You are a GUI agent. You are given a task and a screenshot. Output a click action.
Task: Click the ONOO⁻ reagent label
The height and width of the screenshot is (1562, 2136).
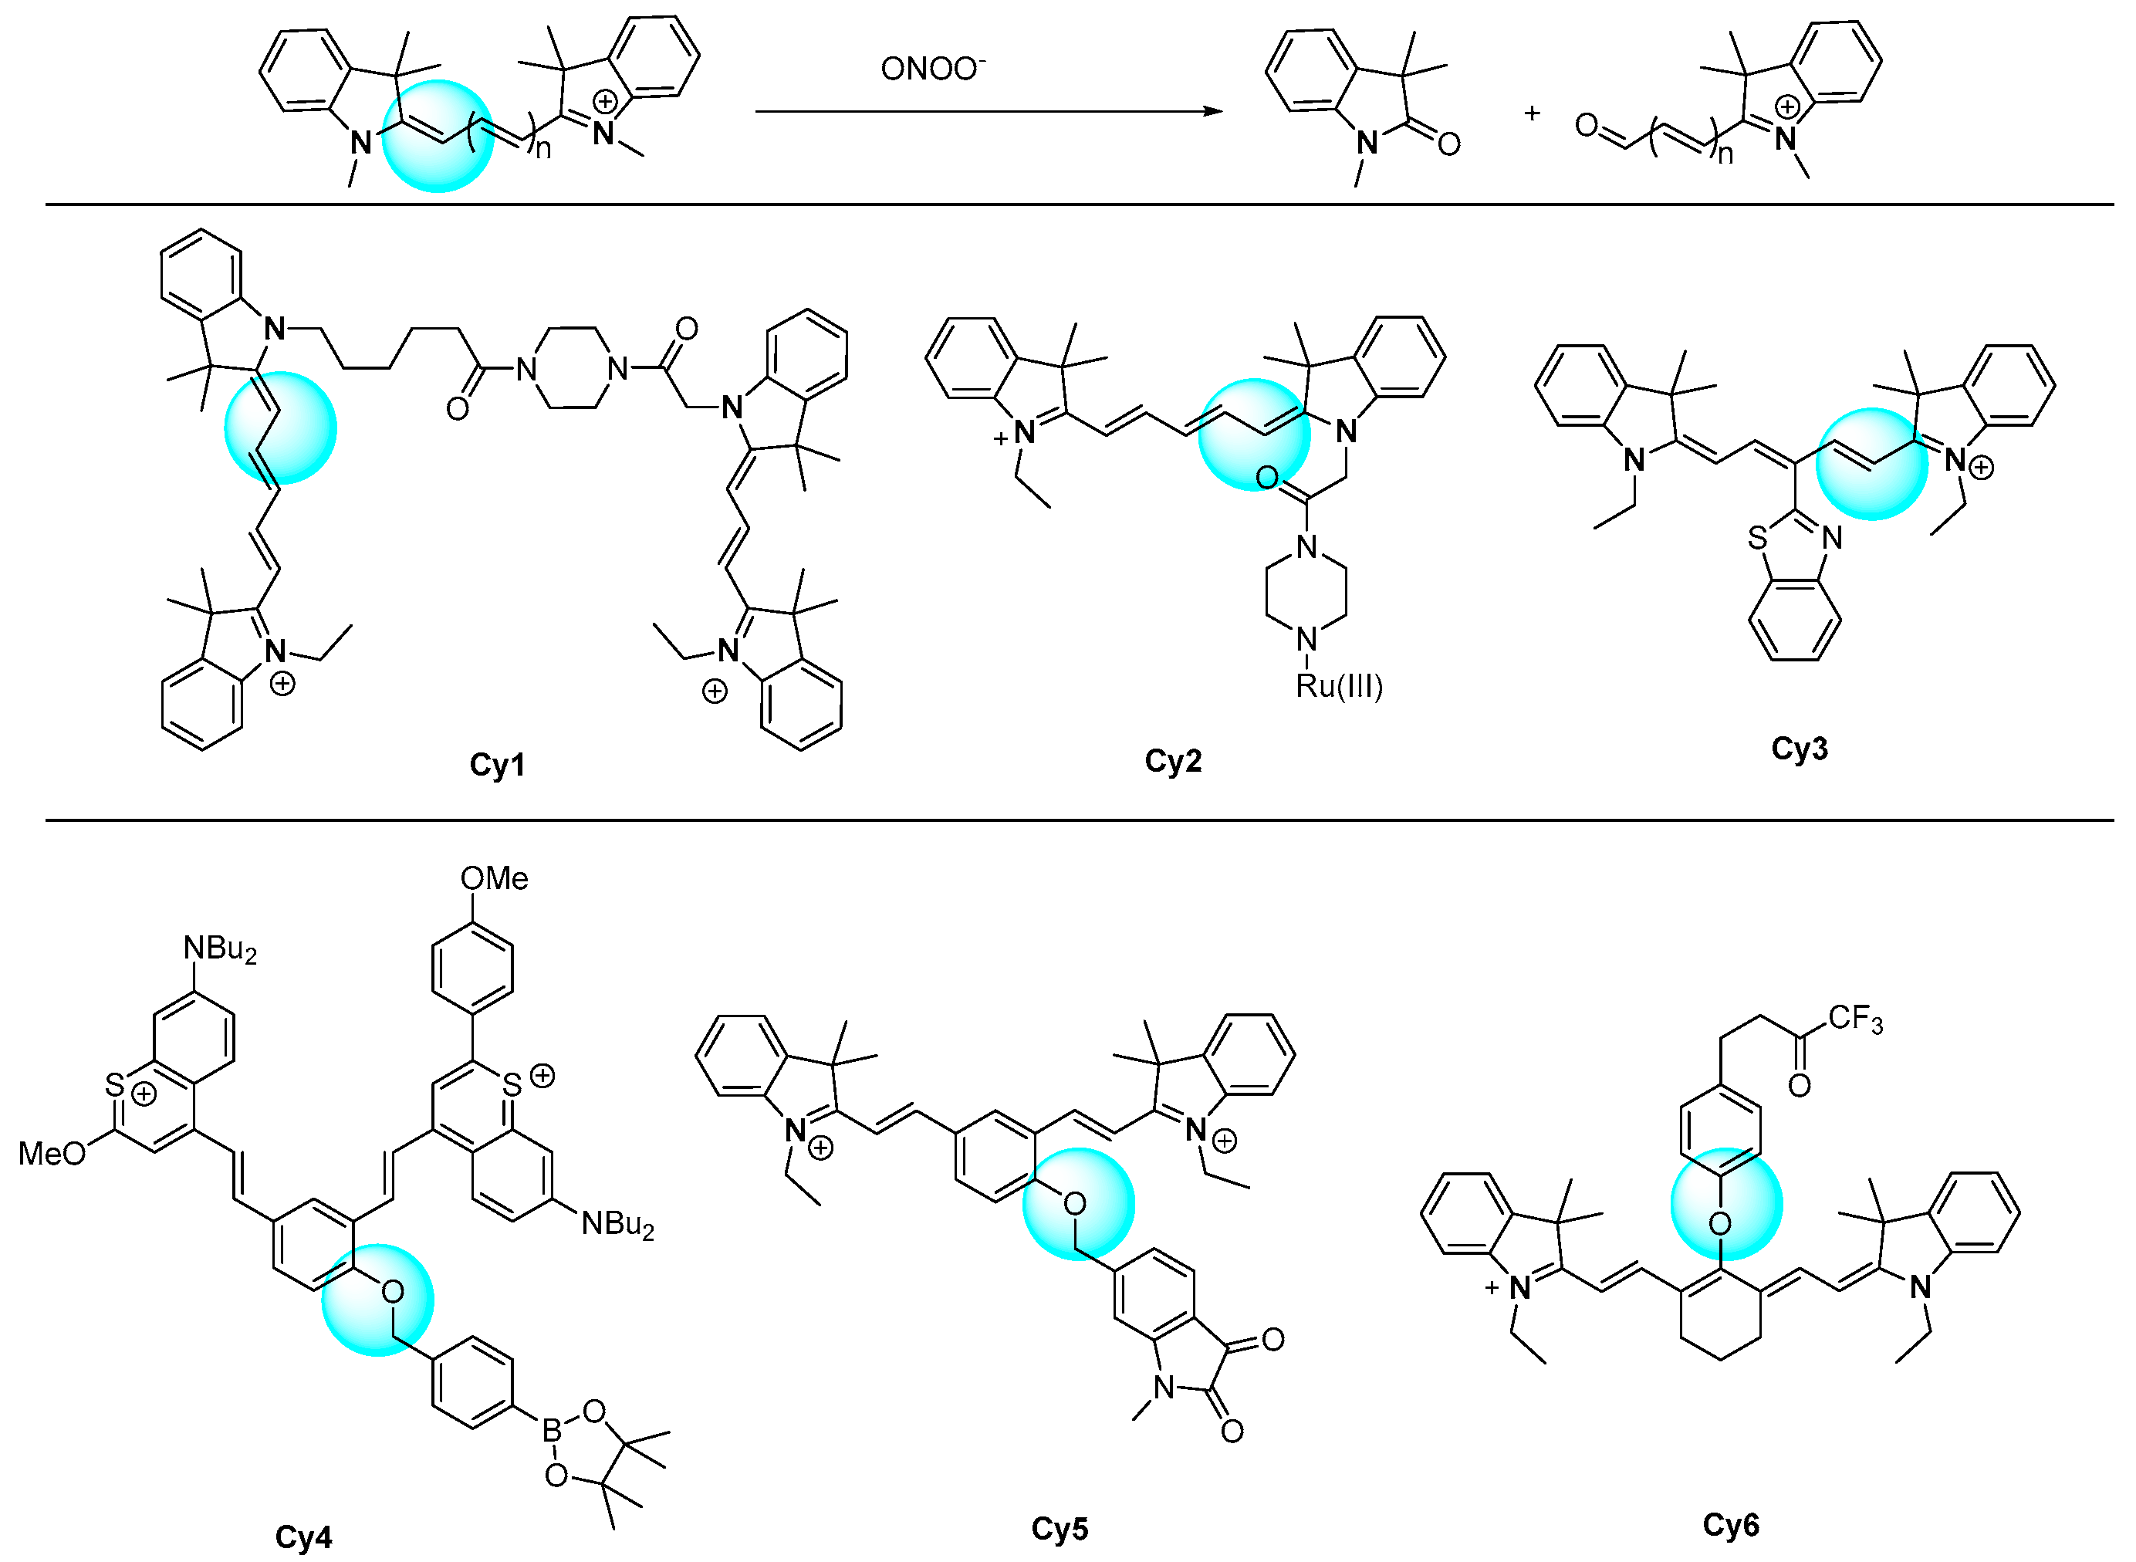coord(931,69)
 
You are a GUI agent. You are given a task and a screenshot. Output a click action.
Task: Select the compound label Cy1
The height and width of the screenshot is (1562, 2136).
coord(498,764)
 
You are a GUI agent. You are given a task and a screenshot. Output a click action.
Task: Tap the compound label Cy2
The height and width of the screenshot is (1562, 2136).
coord(1172,760)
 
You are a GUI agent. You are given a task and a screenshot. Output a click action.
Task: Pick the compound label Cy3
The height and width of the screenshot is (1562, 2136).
coord(1799,748)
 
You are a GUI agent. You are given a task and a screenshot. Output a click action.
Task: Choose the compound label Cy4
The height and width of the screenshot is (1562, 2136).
coord(302,1537)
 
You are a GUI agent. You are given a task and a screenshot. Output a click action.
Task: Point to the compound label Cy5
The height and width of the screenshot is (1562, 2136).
coord(1059,1528)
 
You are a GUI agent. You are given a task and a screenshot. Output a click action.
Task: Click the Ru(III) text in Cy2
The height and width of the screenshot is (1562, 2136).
coord(1339,685)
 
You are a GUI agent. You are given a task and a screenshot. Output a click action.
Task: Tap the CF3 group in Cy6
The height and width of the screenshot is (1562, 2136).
coord(1855,1019)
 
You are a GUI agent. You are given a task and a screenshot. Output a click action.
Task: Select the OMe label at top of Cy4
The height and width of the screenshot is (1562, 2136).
coord(494,878)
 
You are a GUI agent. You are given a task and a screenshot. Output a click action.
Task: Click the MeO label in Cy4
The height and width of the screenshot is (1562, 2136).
coord(52,1154)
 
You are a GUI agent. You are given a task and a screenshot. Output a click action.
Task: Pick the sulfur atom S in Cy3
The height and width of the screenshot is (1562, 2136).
coord(1757,538)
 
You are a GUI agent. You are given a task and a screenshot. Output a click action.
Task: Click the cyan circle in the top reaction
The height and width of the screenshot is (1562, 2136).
coord(438,136)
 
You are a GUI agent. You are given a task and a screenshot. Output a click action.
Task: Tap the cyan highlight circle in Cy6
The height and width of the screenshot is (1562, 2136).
coord(1726,1205)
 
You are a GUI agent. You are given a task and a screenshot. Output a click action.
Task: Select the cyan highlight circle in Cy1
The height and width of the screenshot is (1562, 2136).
coord(280,428)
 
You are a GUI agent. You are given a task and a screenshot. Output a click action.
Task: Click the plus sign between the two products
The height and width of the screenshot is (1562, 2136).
coord(1532,113)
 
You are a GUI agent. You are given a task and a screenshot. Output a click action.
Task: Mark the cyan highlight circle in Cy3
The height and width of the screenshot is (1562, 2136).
coord(1872,463)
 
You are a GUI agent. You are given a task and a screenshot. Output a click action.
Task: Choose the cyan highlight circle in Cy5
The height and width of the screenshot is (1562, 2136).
coord(1078,1204)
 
